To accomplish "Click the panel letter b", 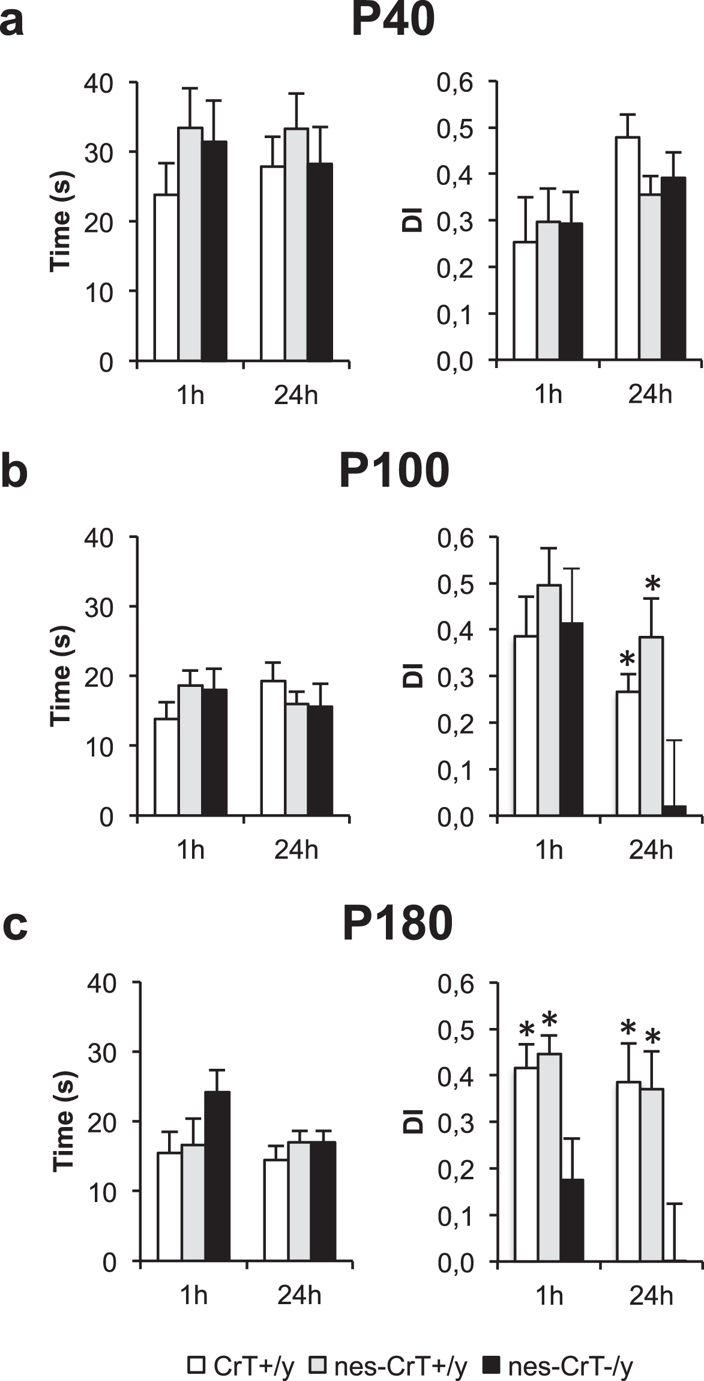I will (x=14, y=472).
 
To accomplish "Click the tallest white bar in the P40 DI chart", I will (x=627, y=249).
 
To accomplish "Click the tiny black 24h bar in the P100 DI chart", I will (x=674, y=811).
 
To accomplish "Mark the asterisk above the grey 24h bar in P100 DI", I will (x=652, y=584).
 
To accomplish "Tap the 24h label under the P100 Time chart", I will (x=296, y=851).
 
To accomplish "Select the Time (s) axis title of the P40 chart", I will (x=62, y=221).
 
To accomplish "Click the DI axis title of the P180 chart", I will (x=414, y=1121).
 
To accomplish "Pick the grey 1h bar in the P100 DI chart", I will (x=549, y=700).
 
